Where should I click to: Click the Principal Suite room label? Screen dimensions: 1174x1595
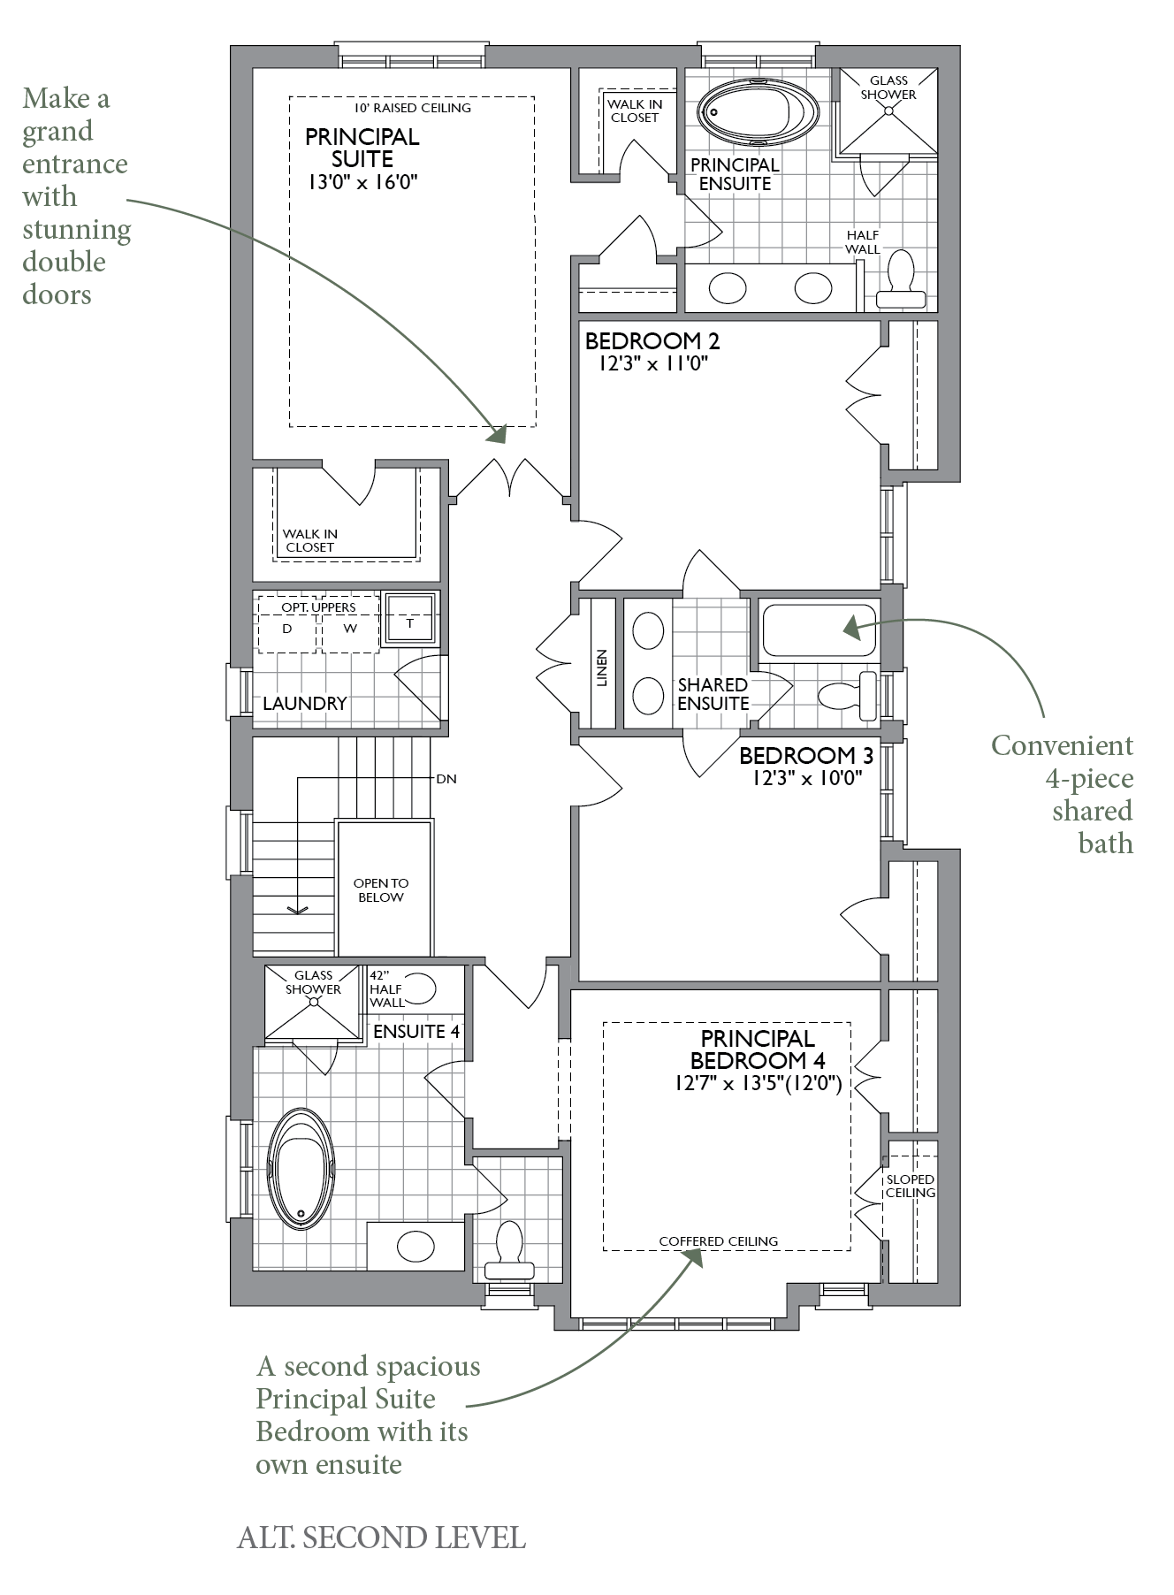(362, 148)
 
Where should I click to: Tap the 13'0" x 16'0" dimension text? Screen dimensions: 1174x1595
(362, 182)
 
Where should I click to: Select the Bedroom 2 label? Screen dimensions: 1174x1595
(652, 340)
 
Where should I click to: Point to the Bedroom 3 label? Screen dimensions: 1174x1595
(806, 756)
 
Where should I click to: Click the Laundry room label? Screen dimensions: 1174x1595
(305, 704)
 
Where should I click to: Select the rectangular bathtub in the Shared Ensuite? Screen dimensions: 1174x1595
(819, 630)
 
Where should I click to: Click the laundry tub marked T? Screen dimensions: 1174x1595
(410, 618)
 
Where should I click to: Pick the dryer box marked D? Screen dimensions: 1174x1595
(287, 625)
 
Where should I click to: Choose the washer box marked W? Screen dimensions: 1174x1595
(350, 625)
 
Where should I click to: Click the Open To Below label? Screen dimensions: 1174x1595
(381, 890)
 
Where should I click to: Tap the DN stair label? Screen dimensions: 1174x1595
(446, 779)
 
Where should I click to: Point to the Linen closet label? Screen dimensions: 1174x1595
(602, 668)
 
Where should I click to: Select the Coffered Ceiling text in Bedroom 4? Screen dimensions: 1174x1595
(719, 1241)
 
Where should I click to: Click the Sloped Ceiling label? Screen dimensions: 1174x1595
(911, 1186)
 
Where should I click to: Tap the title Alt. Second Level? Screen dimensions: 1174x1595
(382, 1538)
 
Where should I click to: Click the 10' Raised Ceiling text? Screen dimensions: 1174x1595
(413, 108)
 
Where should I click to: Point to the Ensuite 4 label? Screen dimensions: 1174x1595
(416, 1031)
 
